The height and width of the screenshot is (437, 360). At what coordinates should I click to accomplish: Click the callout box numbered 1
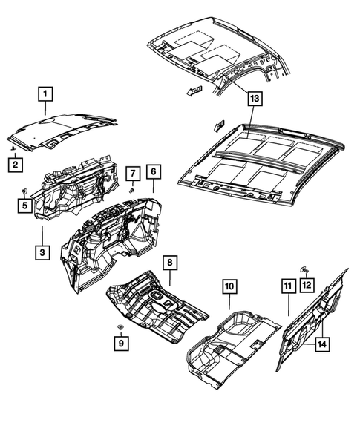[x=46, y=94]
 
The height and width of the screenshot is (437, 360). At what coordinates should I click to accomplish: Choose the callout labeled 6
[x=153, y=172]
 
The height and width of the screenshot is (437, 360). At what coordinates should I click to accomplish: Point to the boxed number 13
[x=254, y=98]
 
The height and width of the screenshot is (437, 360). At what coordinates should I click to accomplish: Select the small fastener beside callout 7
[x=131, y=191]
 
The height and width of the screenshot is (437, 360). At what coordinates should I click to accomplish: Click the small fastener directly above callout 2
[x=15, y=148]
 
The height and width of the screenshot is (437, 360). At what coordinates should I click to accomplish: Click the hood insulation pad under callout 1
[x=63, y=128]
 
